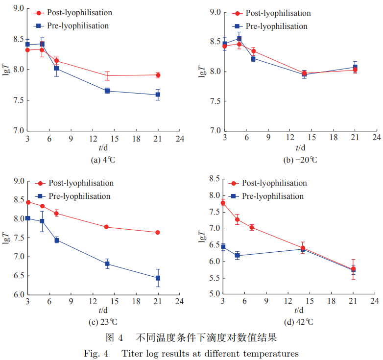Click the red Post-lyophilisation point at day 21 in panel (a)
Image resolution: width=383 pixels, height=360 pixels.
[158, 75]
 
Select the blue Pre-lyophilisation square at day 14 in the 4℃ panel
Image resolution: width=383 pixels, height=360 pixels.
[107, 91]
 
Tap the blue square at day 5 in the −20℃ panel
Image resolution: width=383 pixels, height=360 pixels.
[239, 39]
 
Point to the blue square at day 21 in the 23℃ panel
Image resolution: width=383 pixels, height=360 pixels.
[158, 278]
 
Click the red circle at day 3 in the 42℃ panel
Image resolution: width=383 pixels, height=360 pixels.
[223, 203]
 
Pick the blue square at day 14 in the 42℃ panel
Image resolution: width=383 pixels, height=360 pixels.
[303, 249]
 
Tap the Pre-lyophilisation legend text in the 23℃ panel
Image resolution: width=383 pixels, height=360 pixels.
[79, 196]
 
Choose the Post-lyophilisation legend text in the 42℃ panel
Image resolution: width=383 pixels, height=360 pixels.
[274, 183]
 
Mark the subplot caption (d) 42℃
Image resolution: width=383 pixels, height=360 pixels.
[298, 322]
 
